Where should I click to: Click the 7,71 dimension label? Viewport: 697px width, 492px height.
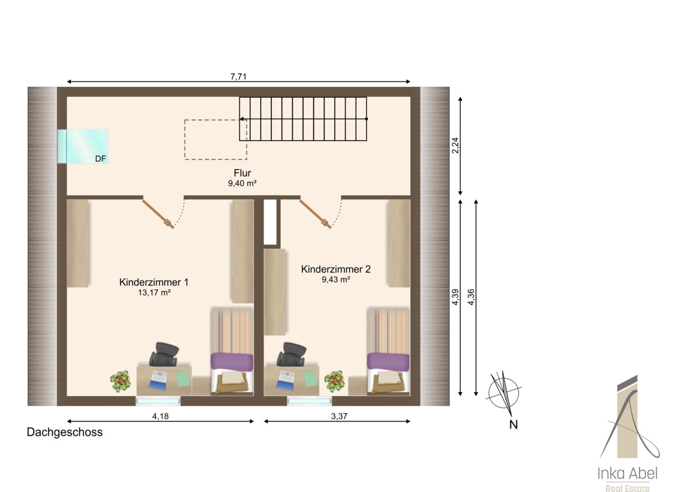click(239, 77)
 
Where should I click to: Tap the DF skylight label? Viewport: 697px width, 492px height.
click(100, 159)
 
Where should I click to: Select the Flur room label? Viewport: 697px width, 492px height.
click(242, 173)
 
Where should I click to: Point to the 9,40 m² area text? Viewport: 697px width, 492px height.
click(242, 184)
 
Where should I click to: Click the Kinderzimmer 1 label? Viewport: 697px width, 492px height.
click(154, 282)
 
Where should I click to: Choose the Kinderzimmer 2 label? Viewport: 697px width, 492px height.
click(336, 269)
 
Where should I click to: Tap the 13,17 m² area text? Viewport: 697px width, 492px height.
click(154, 292)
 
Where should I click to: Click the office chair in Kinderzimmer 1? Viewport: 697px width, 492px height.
click(164, 354)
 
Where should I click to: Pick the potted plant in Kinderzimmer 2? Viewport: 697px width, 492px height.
click(334, 381)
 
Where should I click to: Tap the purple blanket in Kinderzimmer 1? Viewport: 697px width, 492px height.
click(232, 360)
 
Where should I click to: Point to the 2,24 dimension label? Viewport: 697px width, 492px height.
click(455, 145)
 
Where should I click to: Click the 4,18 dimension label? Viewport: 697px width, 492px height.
click(160, 416)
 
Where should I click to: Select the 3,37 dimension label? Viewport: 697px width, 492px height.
click(339, 416)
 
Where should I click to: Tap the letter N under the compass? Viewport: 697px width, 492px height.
click(514, 425)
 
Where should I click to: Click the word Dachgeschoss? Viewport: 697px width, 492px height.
click(65, 432)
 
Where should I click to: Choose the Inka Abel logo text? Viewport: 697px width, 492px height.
click(627, 474)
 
